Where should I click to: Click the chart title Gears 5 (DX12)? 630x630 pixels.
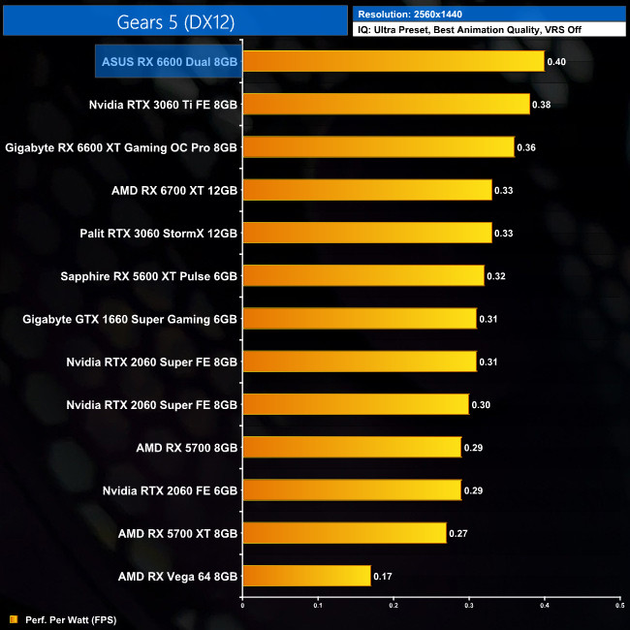[174, 20]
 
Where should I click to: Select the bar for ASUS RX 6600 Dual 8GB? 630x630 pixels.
[393, 61]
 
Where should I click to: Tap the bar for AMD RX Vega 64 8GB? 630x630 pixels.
[306, 576]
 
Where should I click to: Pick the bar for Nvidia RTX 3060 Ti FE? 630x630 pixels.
[386, 104]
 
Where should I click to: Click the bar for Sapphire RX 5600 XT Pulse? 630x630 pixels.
[362, 275]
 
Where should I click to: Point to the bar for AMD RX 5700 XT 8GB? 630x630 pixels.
[344, 532]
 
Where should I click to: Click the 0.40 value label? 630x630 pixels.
[556, 62]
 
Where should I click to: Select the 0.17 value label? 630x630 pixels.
[383, 576]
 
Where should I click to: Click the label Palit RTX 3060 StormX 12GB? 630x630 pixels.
[158, 233]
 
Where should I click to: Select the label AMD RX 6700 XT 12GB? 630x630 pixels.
[174, 190]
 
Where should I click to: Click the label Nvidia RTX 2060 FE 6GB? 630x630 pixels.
[170, 490]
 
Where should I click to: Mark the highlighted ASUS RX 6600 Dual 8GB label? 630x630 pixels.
[168, 62]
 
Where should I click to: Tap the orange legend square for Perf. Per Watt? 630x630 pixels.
[14, 618]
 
